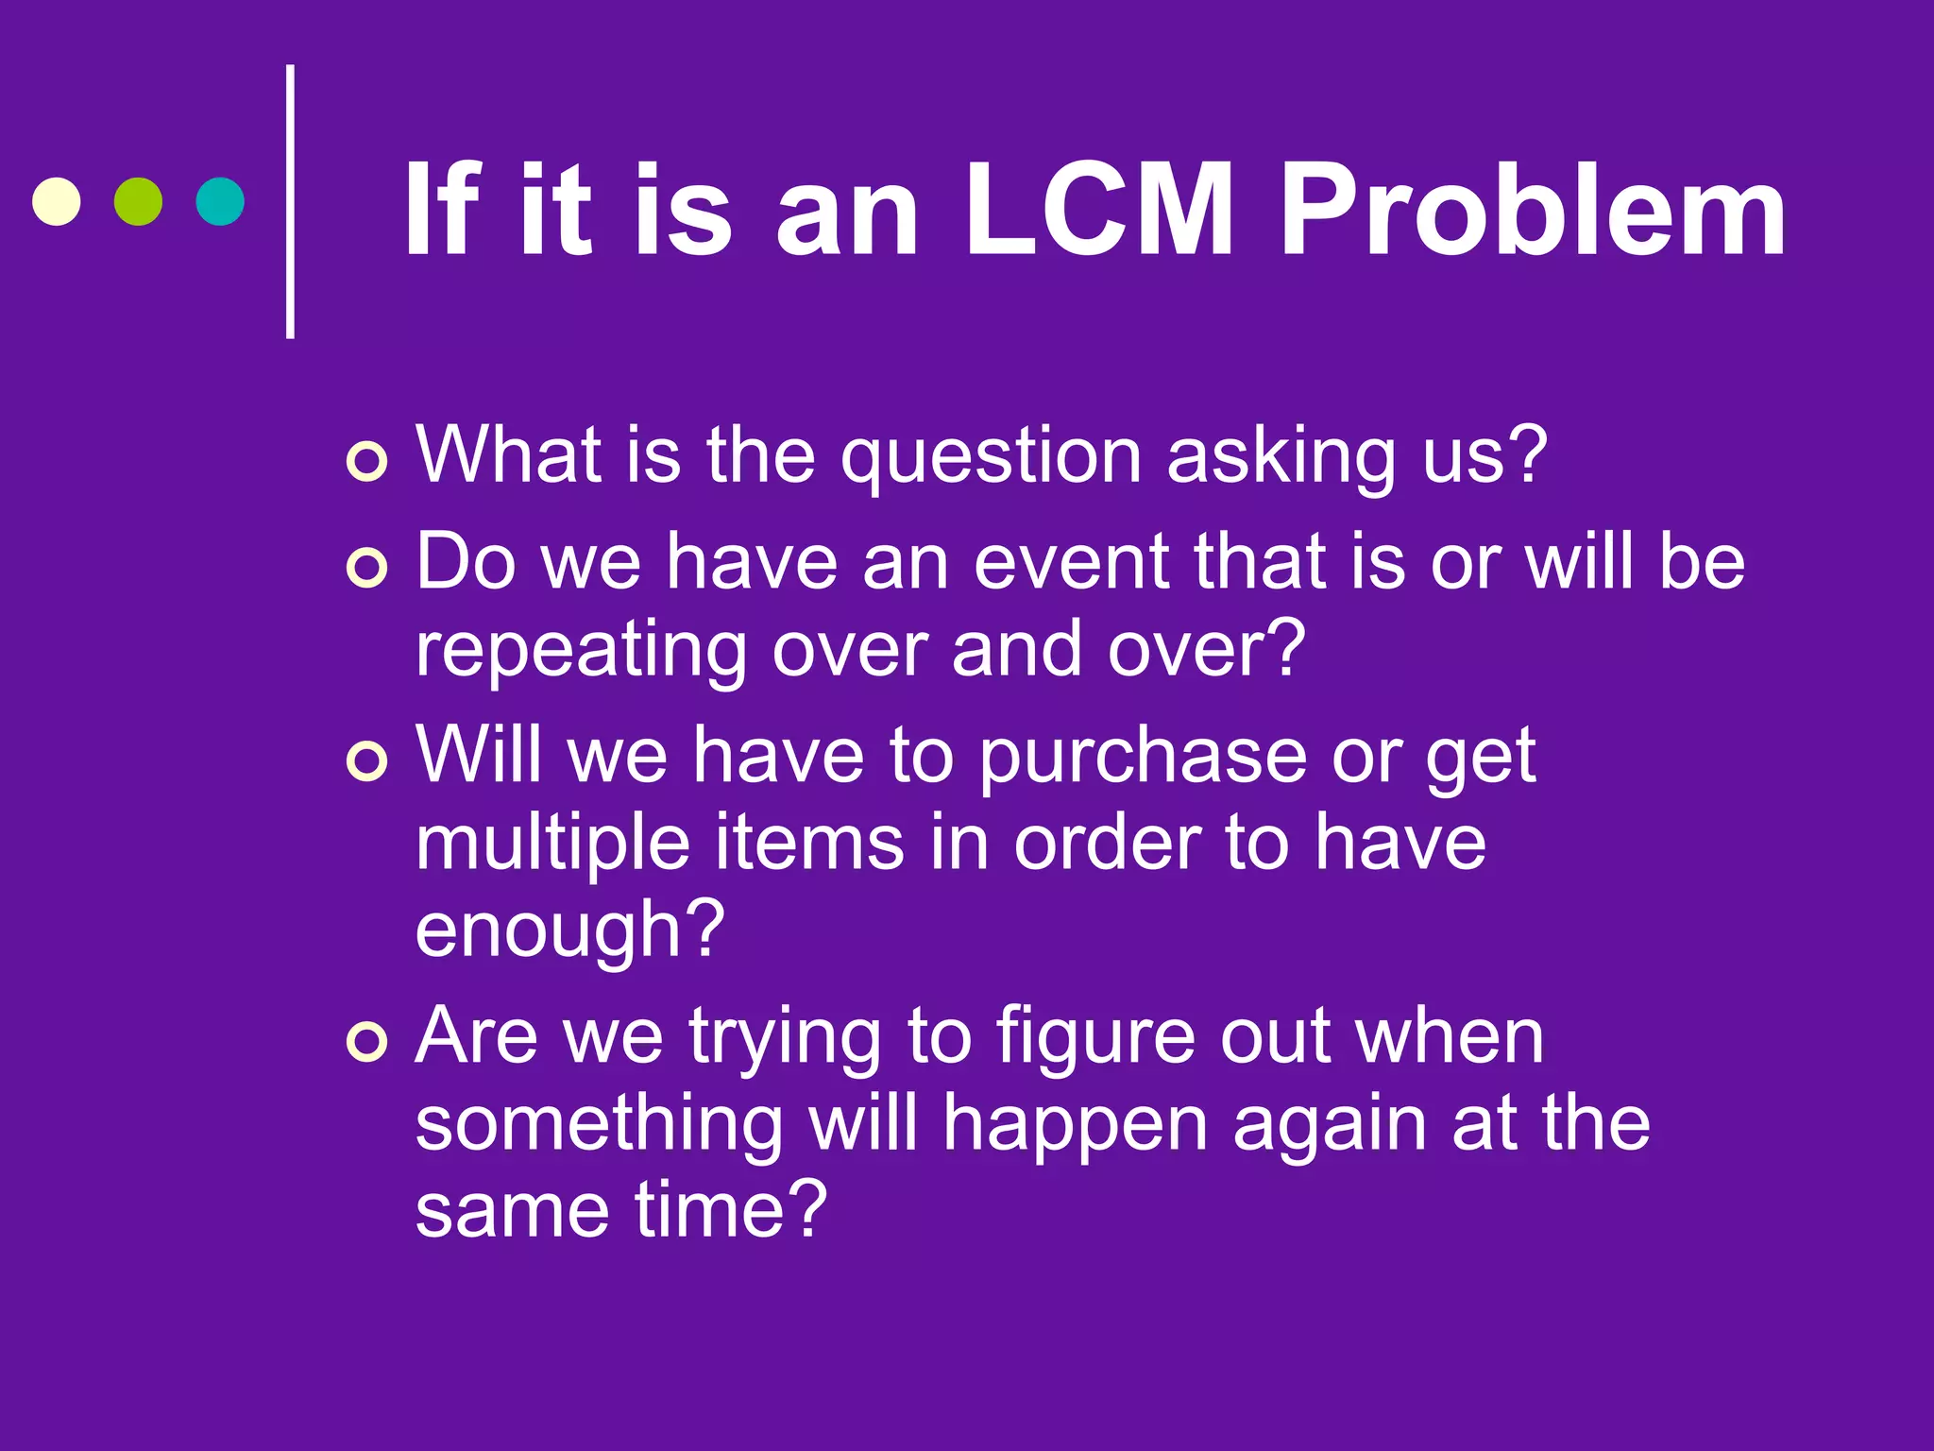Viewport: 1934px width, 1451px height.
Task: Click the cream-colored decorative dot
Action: coord(57,201)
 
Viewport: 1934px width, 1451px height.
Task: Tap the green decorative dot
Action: coord(138,201)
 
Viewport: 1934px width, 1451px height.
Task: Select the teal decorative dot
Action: coord(220,201)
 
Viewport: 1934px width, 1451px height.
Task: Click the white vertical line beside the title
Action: coord(291,201)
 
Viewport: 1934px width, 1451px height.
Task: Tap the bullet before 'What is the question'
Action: coord(366,462)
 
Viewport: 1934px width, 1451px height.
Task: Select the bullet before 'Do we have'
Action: coord(366,569)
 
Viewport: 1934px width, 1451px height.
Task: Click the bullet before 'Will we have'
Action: coord(366,761)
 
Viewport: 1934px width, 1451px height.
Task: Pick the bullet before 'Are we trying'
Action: coord(366,1043)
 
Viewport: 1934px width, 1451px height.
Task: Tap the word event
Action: coord(1072,563)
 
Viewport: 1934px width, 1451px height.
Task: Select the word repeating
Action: coord(581,652)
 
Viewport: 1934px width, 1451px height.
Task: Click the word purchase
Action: coord(1142,759)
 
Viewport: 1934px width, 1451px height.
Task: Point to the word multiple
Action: coord(552,845)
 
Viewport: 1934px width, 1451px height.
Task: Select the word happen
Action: coord(1076,1127)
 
